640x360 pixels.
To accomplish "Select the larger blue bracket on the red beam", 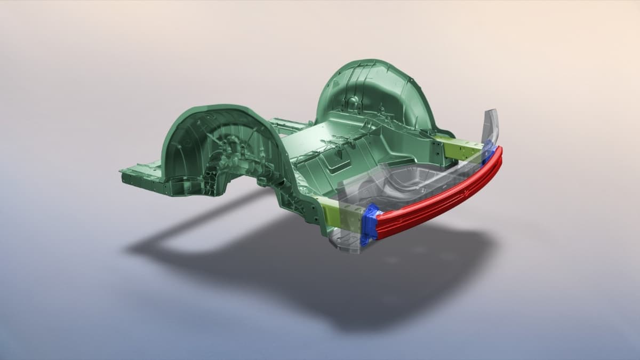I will point(369,224).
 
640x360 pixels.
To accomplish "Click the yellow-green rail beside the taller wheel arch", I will point(460,149).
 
